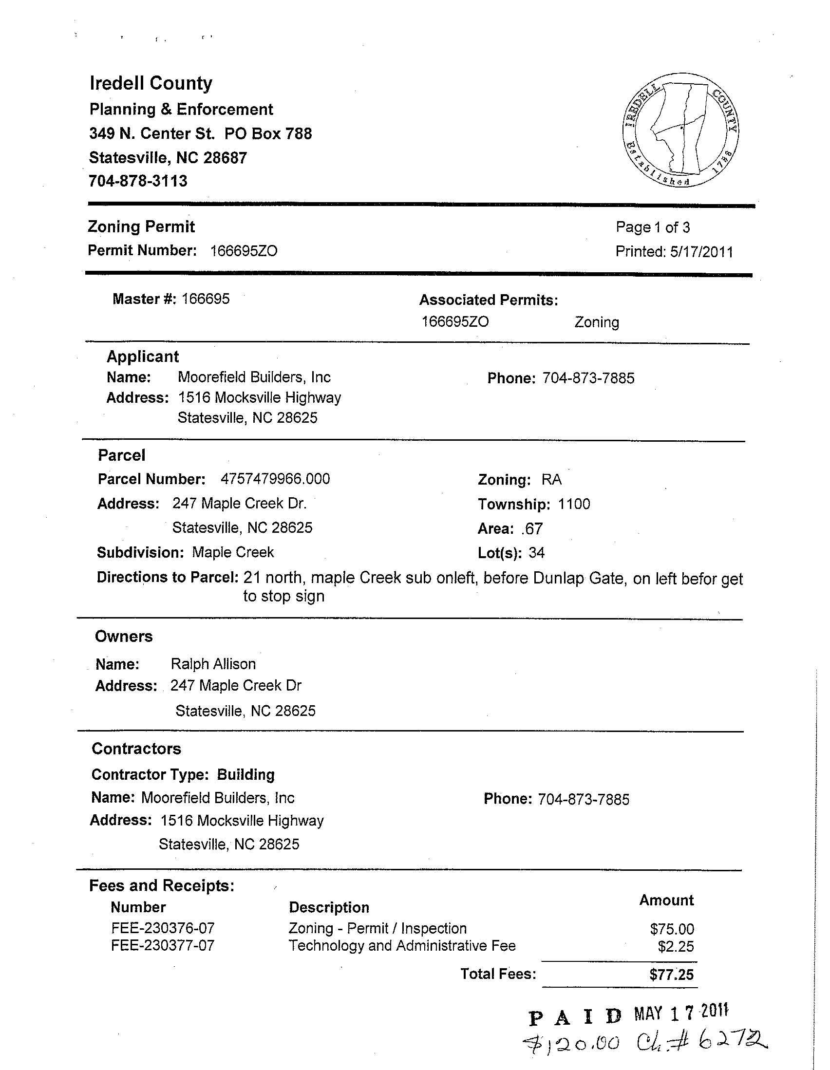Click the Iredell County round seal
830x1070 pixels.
coord(681,130)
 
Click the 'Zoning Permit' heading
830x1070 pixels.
coord(141,227)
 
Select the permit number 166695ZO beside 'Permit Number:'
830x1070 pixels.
coord(244,251)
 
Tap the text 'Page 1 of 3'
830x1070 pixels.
coord(653,227)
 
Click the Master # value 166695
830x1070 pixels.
coord(205,299)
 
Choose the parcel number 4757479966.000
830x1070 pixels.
coord(275,479)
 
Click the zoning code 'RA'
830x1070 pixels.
coord(551,479)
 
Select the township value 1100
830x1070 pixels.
coord(574,504)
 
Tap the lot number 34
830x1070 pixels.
coord(536,553)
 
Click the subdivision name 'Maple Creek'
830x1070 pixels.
coord(233,552)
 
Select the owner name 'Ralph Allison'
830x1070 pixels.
coord(213,664)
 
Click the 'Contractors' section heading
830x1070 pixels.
coord(136,749)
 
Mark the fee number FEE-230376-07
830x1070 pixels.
coord(163,928)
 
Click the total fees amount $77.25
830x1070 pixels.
coord(671,975)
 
